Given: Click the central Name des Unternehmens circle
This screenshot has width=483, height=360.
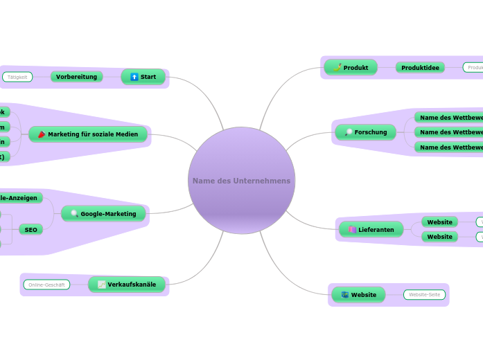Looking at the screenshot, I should click(241, 181).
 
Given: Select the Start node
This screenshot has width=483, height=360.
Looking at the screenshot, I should click(143, 77).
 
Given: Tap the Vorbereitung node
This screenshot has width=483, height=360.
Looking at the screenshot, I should click(76, 77).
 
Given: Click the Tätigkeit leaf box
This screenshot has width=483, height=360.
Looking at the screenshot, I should click(17, 77).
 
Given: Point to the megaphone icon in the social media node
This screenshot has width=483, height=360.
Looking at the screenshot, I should click(42, 134).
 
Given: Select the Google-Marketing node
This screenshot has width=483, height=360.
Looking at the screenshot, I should click(103, 214).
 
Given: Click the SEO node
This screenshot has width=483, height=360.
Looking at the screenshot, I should click(30, 229).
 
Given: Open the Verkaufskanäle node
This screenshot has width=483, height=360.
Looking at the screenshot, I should click(127, 285).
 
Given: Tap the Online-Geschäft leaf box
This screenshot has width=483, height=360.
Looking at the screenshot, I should click(46, 285).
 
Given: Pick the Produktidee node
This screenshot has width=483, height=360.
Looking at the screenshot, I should click(420, 68).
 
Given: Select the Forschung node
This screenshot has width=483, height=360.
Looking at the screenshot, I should click(365, 132).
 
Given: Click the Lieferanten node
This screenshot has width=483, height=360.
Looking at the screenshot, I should click(371, 230).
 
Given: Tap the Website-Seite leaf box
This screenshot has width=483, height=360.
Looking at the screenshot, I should click(424, 295).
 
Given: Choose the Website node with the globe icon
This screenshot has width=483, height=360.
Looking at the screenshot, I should click(358, 295).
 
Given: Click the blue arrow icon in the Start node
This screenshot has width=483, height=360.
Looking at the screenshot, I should click(134, 77).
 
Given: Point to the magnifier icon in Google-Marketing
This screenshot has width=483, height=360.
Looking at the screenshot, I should click(74, 214).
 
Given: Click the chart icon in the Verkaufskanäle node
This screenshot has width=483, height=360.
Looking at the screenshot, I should click(102, 285).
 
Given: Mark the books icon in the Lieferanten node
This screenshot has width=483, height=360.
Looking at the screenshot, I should click(352, 230).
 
